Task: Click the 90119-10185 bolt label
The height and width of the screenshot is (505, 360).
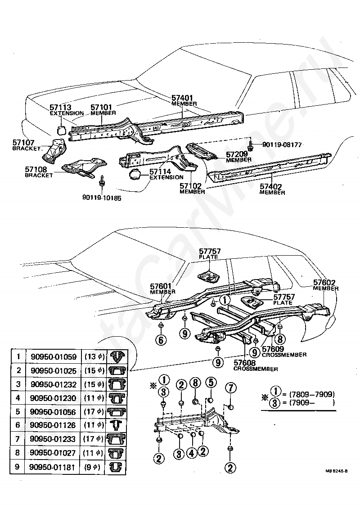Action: point(102,197)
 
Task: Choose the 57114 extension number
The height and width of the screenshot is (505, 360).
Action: point(160,171)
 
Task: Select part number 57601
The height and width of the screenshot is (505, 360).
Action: point(162,286)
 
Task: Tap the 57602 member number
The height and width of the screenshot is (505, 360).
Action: point(325,283)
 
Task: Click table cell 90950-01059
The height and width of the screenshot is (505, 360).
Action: point(53,357)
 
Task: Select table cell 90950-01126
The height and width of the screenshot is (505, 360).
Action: point(53,425)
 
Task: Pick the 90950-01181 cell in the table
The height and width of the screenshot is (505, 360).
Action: point(53,466)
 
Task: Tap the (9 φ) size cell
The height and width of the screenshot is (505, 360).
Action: point(94,466)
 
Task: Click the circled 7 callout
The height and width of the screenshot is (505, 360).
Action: point(230,388)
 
